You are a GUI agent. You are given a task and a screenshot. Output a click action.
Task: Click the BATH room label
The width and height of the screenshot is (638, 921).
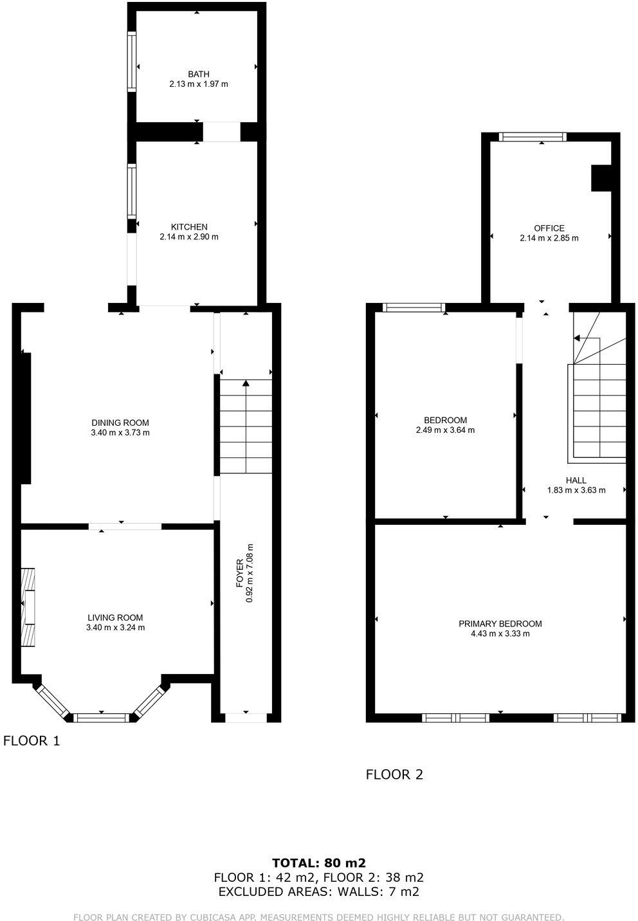pos(198,74)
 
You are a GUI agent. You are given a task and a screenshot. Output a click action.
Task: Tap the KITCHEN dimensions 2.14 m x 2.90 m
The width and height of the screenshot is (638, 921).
pos(189,237)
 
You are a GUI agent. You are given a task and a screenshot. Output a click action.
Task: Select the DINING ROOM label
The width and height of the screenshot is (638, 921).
pos(120,423)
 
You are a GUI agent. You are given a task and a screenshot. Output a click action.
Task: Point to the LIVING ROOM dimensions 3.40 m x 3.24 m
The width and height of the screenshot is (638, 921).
pos(115,628)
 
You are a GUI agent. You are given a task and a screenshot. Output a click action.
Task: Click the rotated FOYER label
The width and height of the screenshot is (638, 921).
pos(239,573)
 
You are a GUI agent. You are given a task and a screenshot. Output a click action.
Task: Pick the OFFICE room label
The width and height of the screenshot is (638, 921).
pos(549,228)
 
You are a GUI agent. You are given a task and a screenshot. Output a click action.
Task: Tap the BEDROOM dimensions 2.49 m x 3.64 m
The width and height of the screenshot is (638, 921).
pos(445,430)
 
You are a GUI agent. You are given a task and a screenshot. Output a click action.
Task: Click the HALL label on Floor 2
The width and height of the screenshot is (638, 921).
pos(576,480)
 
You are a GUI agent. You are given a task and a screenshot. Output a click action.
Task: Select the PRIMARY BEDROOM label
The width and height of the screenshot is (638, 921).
pos(500,624)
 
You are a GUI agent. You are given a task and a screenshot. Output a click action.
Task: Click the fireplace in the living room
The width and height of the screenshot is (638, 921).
pos(28,608)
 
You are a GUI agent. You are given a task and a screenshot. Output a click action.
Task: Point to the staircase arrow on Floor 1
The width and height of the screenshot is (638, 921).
pos(246,385)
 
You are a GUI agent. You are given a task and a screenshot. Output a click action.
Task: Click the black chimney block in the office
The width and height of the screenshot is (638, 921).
pos(601,178)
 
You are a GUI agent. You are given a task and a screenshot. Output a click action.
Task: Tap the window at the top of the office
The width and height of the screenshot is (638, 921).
pos(533,136)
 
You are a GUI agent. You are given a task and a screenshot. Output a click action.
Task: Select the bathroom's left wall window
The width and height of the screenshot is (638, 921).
pos(132,62)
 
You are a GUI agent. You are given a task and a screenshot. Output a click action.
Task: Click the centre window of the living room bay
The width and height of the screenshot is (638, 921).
pos(102,717)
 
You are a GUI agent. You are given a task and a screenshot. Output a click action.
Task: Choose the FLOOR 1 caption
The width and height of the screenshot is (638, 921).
pos(32,741)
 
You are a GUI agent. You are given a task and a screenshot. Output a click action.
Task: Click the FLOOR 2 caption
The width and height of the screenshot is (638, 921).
pos(394,774)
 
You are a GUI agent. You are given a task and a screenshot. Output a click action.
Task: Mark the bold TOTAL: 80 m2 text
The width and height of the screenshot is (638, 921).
pos(318,863)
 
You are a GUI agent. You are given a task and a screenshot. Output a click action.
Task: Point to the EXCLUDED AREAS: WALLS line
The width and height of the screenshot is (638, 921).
pos(318,891)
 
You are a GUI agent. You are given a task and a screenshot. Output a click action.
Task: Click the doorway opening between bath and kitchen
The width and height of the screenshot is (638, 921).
pos(222,132)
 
